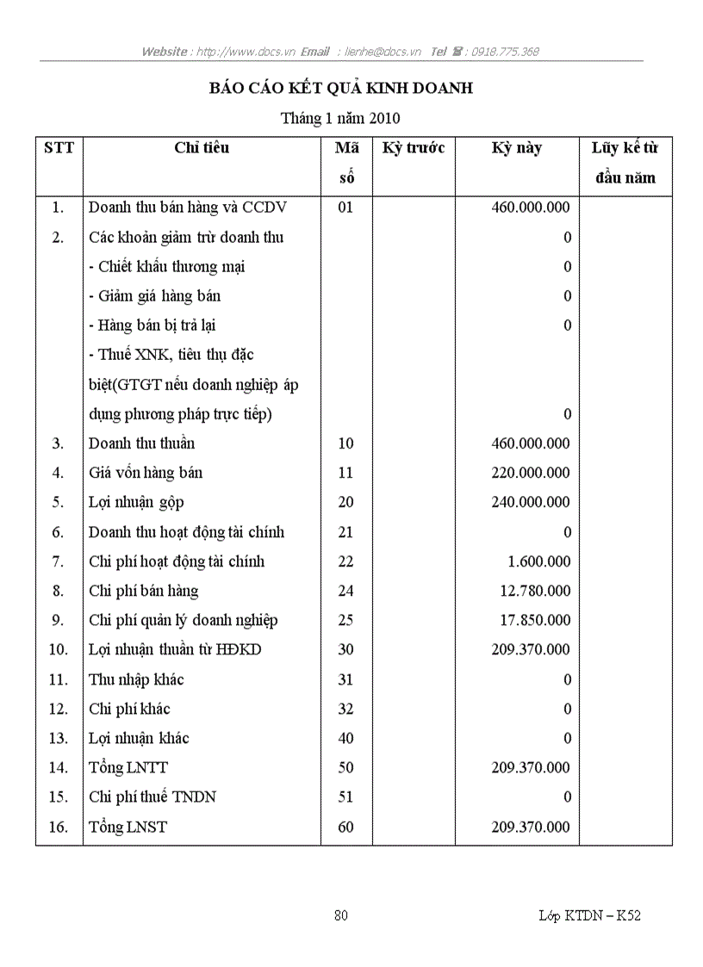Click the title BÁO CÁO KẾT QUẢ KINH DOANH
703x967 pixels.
[341, 89]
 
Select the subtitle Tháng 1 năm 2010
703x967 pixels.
[340, 118]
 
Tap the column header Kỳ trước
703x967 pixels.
[414, 148]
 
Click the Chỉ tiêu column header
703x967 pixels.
[202, 148]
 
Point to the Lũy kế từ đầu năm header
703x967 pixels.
[625, 163]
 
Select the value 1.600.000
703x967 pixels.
[539, 561]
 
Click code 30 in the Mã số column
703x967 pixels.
[345, 649]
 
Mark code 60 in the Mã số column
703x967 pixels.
[345, 827]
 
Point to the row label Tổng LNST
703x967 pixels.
[128, 827]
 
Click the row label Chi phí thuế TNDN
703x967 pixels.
[152, 797]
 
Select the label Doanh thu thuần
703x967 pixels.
[141, 443]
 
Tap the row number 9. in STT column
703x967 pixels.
[58, 620]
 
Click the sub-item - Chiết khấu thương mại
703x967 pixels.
[166, 267]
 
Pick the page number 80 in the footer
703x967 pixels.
[341, 915]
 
